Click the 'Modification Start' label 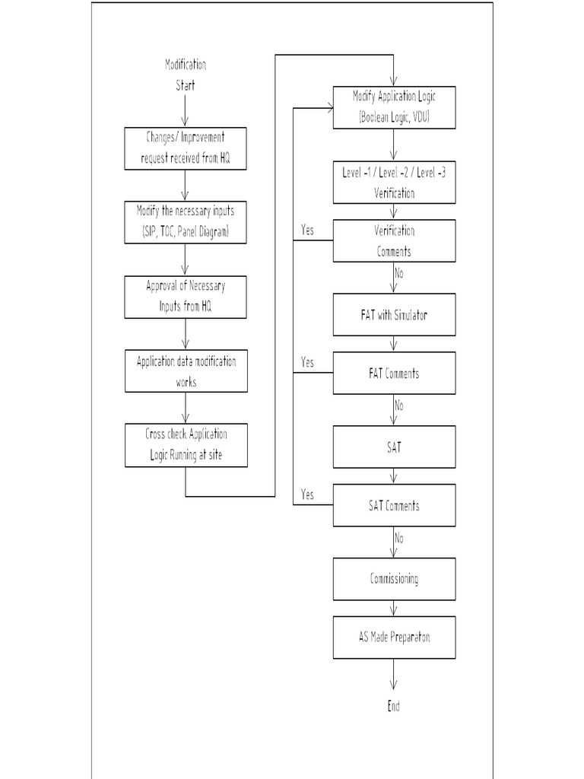pyautogui.click(x=186, y=75)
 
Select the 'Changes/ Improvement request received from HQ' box pyautogui.click(x=186, y=148)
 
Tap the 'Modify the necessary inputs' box pyautogui.click(x=186, y=221)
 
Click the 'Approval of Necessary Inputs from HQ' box pyautogui.click(x=186, y=297)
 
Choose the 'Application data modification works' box pyautogui.click(x=186, y=370)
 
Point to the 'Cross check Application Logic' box pyautogui.click(x=186, y=445)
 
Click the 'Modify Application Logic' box pyautogui.click(x=394, y=107)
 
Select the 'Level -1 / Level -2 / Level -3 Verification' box pyautogui.click(x=394, y=182)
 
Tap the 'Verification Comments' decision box pyautogui.click(x=394, y=240)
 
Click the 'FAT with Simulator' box pyautogui.click(x=394, y=314)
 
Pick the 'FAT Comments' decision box pyautogui.click(x=394, y=373)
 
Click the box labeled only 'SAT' pyautogui.click(x=394, y=447)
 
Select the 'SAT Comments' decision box pyautogui.click(x=394, y=505)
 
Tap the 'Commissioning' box pyautogui.click(x=394, y=579)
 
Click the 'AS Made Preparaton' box pyautogui.click(x=394, y=638)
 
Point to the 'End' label pyautogui.click(x=393, y=706)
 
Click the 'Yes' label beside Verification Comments pyautogui.click(x=307, y=230)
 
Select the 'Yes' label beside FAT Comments pyautogui.click(x=307, y=362)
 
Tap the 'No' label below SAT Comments pyautogui.click(x=399, y=538)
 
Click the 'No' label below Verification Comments pyautogui.click(x=399, y=272)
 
